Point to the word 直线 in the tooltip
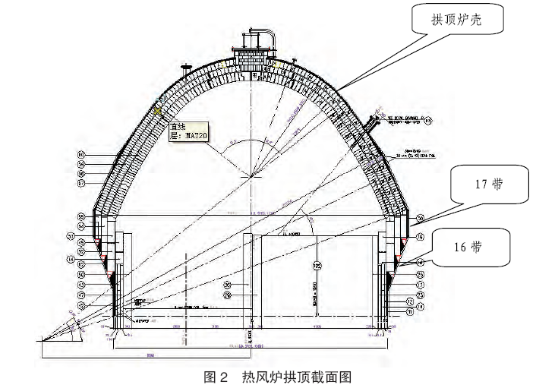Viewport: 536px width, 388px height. [178, 127]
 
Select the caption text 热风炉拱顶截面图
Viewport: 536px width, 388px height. [297, 376]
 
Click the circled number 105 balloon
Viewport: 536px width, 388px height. [317, 267]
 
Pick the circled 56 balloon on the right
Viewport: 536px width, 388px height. [420, 219]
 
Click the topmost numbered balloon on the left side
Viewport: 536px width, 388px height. [80, 154]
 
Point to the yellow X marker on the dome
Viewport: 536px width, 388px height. [158, 110]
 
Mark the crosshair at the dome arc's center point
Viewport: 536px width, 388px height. [251, 177]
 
